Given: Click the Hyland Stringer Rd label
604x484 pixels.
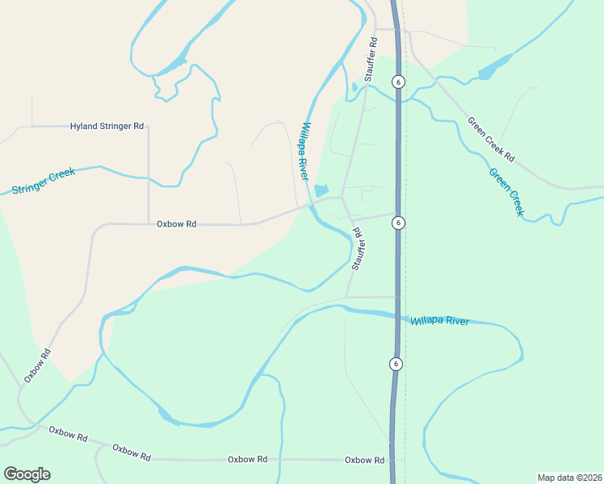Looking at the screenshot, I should [107, 127].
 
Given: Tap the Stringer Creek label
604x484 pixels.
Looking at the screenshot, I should [44, 181].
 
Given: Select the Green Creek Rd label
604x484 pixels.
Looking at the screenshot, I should [490, 140].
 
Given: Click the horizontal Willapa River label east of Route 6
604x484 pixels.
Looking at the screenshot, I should [439, 321].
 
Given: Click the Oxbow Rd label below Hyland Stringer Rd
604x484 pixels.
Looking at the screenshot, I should [176, 224].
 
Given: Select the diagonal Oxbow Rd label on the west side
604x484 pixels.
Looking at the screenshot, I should [37, 365].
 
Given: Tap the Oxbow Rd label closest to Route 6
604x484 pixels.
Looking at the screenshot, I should [364, 460].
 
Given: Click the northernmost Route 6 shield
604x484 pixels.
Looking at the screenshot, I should [398, 81].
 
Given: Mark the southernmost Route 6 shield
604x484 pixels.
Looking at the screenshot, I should [396, 364].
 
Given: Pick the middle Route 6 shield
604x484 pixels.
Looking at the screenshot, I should [399, 222].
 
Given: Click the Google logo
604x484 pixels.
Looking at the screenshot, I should [27, 474].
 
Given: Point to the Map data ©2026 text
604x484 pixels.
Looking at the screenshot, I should [568, 478].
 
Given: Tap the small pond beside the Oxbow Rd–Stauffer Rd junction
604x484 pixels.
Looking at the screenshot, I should [321, 191].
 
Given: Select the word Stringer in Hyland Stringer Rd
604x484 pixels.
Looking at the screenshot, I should [115, 127].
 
